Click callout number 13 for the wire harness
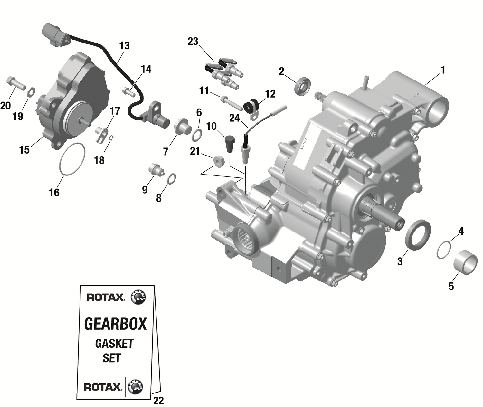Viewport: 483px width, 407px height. [124, 46]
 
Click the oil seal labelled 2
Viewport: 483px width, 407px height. [303, 86]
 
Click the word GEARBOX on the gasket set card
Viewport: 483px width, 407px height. [115, 324]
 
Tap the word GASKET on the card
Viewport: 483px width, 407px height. [114, 344]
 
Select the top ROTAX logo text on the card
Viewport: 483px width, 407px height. [101, 297]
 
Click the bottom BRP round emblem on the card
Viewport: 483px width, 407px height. [135, 386]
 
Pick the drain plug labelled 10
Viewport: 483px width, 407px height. [229, 144]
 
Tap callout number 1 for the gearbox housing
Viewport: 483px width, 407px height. [443, 70]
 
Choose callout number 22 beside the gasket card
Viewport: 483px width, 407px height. [158, 401]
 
